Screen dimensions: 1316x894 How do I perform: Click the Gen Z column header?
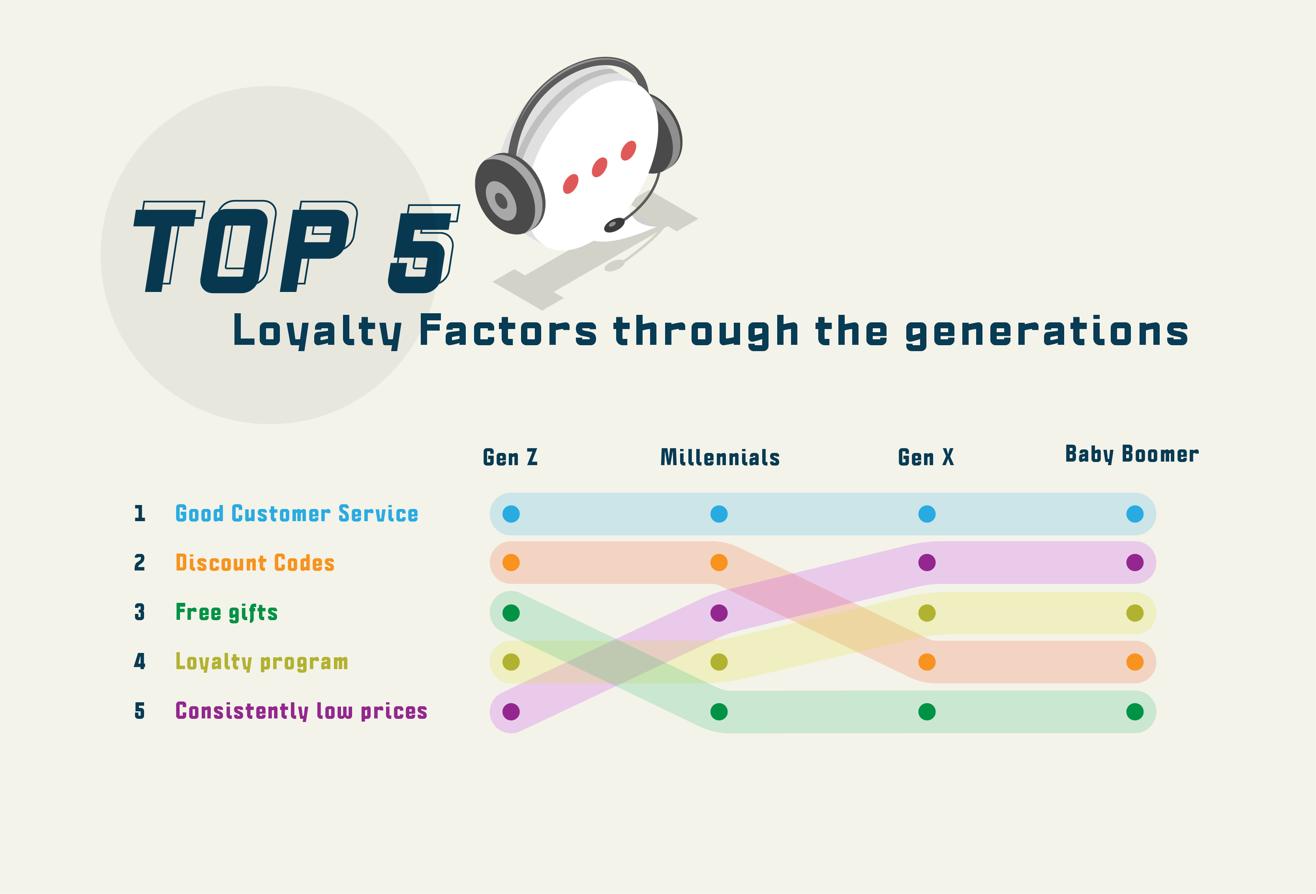[510, 457]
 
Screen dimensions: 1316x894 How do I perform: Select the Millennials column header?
[720, 457]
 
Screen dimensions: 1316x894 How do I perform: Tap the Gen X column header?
[926, 457]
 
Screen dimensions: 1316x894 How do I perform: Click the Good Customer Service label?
[297, 514]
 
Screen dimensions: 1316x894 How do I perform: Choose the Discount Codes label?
[255, 563]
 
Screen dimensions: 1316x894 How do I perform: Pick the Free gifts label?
[227, 613]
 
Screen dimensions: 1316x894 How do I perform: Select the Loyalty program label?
[262, 662]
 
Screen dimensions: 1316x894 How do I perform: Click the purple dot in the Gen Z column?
[511, 712]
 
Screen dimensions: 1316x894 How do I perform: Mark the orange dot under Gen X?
[927, 662]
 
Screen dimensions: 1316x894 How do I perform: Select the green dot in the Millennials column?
[719, 712]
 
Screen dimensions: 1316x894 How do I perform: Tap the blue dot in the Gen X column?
[927, 514]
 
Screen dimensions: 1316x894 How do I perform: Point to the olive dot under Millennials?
[719, 662]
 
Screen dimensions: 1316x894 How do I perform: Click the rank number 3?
[139, 612]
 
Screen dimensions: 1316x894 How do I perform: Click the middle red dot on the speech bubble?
[600, 168]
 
